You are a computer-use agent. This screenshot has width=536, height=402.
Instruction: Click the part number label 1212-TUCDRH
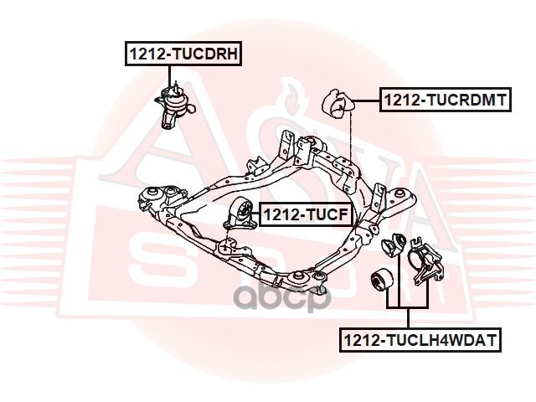coord(183,54)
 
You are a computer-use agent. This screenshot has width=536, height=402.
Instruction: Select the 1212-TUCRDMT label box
coord(443,100)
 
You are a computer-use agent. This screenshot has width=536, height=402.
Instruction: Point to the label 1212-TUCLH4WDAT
coord(420,341)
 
